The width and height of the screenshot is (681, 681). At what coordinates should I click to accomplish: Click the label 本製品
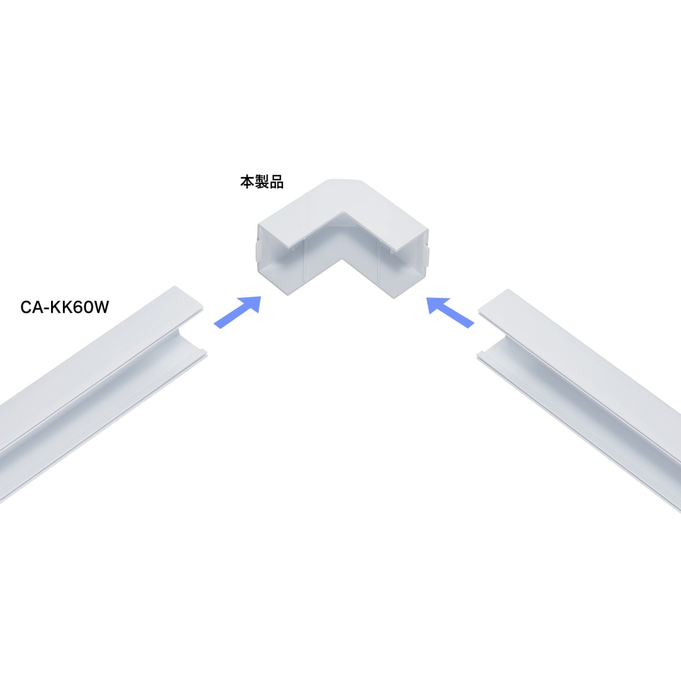(262, 182)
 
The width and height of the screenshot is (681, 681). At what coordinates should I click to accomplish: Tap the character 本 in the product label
(247, 182)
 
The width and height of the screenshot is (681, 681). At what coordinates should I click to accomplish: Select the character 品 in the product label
(277, 182)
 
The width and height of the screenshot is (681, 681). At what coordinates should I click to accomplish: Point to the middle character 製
(262, 182)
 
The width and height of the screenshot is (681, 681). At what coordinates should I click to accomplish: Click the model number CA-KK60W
(65, 307)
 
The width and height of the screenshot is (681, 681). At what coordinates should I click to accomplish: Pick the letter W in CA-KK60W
(100, 307)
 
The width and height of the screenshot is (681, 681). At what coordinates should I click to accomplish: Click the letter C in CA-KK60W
(26, 307)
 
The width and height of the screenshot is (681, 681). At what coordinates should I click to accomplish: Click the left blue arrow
(237, 312)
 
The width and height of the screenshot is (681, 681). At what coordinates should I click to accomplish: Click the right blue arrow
(450, 312)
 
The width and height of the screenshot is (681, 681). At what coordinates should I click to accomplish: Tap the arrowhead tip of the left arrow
(260, 297)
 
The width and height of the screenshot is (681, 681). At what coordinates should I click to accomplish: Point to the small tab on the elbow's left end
(258, 251)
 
